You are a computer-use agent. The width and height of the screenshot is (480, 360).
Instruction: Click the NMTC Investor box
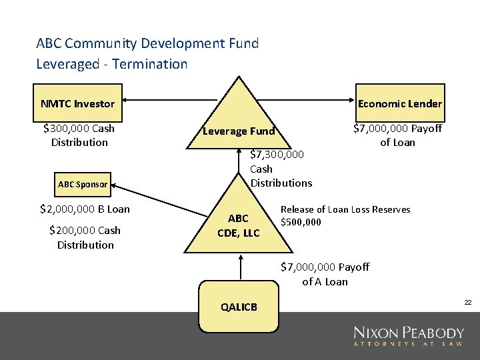point(78,103)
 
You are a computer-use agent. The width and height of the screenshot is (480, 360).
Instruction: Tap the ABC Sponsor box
point(82,184)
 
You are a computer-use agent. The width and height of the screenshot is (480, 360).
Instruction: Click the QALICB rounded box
point(238,307)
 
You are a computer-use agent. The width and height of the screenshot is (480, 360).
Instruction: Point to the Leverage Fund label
point(239,131)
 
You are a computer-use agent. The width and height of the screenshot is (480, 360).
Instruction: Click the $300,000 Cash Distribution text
point(79,135)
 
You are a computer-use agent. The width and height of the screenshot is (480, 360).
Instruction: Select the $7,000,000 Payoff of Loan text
point(397,135)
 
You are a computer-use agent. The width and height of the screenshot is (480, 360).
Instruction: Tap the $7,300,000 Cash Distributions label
point(280,169)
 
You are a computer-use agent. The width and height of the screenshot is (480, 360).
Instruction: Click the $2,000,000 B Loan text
point(85,209)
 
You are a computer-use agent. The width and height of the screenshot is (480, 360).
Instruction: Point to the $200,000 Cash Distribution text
point(85,237)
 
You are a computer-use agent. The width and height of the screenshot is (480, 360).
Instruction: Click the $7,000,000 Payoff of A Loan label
point(325,274)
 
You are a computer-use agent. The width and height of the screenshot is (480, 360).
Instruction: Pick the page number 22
point(468,303)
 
